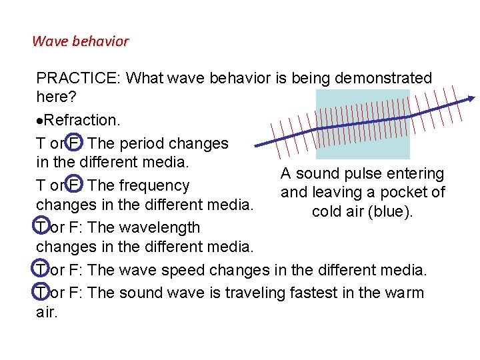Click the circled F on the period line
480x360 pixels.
(75, 143)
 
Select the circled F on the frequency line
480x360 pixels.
(75, 185)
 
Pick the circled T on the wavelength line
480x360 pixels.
(41, 228)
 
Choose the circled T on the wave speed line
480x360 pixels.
(41, 270)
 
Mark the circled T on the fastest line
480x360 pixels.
(41, 293)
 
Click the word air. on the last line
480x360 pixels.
(47, 312)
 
